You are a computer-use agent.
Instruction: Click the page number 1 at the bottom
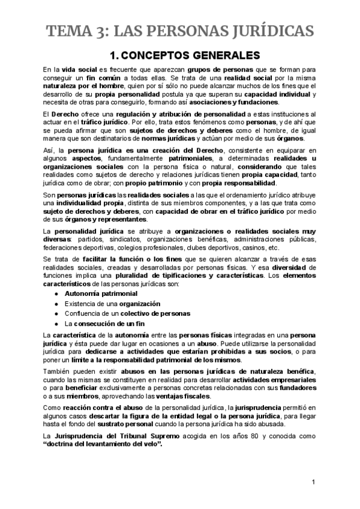[x=313, y=482]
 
